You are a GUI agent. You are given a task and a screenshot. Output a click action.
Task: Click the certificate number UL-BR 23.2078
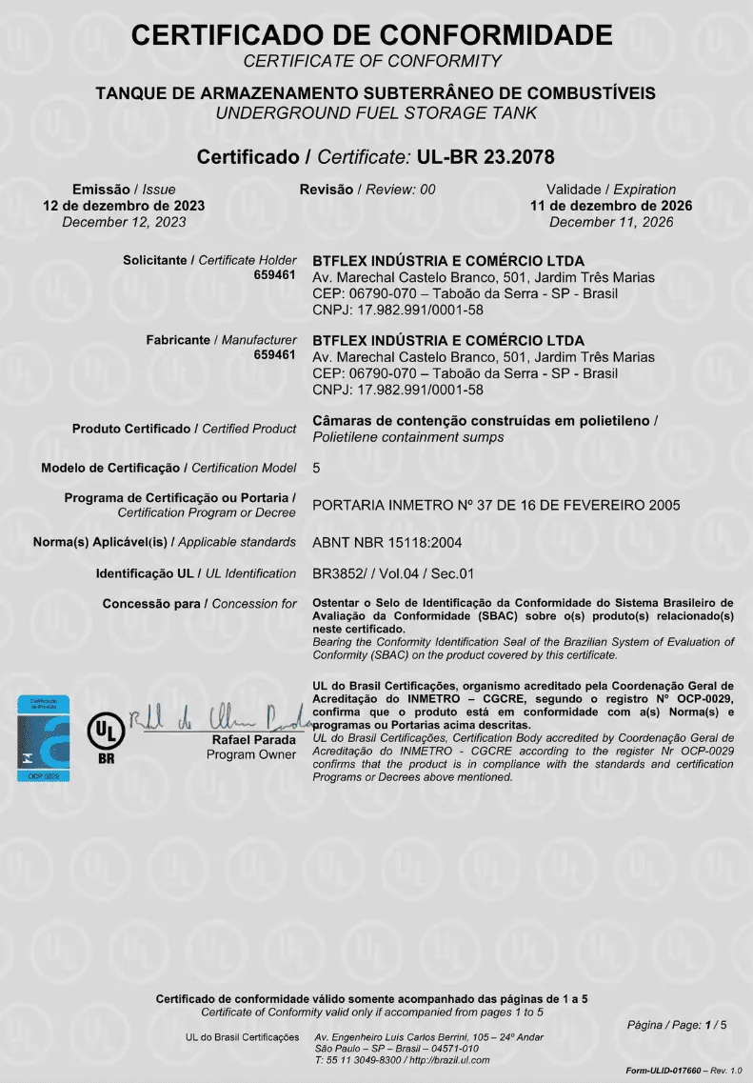485,156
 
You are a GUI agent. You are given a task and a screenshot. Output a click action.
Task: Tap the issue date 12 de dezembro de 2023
124,206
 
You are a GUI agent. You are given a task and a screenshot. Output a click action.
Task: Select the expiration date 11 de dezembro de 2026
611,206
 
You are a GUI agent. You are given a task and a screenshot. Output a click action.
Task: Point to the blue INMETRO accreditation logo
46,739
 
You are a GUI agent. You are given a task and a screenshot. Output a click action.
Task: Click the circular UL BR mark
106,732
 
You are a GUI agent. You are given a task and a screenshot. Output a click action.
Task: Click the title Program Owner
252,755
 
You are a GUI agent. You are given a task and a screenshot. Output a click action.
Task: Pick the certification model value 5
317,468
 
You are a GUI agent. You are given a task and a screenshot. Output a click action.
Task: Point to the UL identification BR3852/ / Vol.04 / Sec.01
393,573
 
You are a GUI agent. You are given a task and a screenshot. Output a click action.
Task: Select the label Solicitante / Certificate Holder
210,260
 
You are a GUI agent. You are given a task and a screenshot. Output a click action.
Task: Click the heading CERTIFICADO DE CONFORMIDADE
372,36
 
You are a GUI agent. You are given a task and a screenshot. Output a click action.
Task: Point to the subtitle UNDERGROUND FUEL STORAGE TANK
377,113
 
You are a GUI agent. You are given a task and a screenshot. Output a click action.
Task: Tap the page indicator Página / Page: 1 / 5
677,1025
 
